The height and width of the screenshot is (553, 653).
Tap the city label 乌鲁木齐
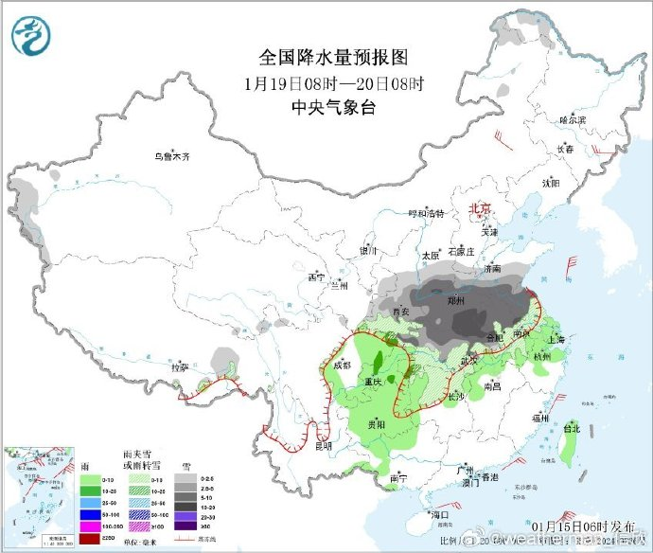point(172,156)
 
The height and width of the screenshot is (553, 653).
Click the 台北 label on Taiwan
point(572,427)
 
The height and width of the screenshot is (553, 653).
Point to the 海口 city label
point(437,514)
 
